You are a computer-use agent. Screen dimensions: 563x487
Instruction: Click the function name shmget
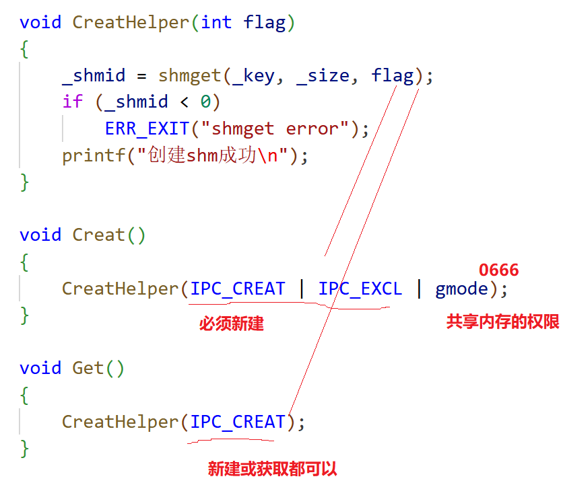(189, 75)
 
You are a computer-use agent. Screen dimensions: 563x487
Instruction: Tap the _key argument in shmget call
(253, 75)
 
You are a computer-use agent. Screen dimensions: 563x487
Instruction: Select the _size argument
(323, 75)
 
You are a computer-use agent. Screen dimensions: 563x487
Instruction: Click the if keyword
(72, 102)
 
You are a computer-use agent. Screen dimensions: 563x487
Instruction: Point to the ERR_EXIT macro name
(147, 128)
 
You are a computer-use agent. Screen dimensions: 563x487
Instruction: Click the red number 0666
(499, 270)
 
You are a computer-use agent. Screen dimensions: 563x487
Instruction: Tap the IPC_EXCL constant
(360, 289)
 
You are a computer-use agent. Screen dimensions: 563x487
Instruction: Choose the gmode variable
(461, 289)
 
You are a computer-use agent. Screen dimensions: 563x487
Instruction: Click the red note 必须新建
(231, 324)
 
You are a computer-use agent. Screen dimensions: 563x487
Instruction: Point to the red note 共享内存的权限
(502, 322)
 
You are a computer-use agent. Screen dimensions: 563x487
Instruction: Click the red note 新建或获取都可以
(272, 469)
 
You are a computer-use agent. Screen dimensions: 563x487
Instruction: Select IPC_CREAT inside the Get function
(238, 422)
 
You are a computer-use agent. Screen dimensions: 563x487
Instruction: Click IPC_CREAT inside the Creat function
(238, 289)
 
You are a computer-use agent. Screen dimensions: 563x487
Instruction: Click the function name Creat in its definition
(99, 235)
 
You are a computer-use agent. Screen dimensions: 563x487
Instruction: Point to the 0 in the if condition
(205, 102)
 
